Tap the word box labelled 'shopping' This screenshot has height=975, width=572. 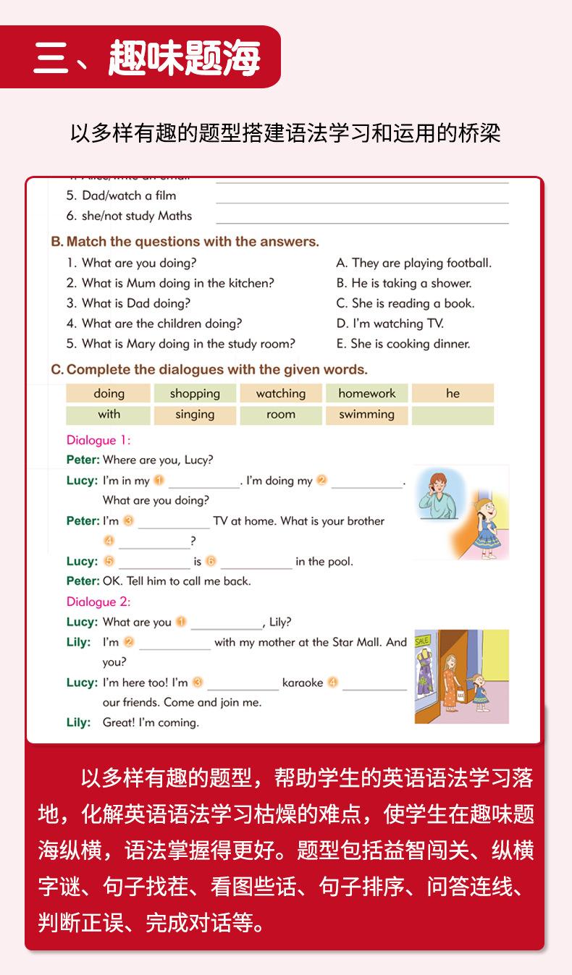point(195,394)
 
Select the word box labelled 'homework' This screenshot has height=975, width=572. point(367,394)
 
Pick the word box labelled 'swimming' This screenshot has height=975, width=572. point(367,415)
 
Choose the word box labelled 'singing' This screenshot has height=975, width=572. point(195,415)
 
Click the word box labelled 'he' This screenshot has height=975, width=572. point(453,394)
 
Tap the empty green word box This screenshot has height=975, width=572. point(453,415)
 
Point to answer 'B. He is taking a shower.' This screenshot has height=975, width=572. point(404,283)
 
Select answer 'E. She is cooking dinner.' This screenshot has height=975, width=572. point(403,344)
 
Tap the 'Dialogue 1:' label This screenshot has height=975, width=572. point(98,440)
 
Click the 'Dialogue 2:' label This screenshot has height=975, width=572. point(98,602)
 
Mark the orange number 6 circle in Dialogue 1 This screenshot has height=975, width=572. point(211,561)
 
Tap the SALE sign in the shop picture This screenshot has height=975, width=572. point(422,641)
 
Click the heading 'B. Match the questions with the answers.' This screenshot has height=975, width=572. point(185,242)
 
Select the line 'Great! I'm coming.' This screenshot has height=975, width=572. point(151,722)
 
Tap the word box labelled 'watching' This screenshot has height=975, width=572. point(281,394)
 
